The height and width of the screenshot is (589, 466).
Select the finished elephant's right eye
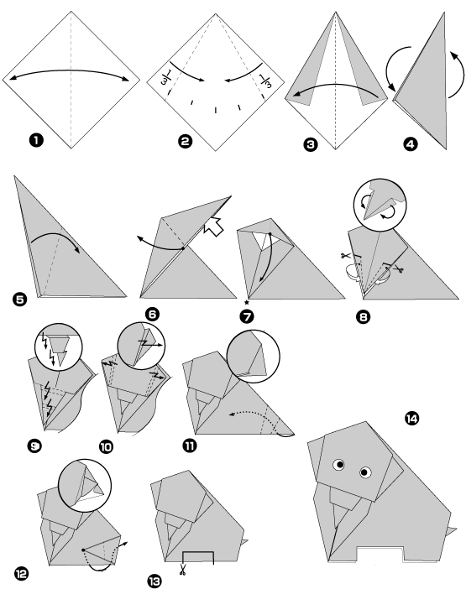click(x=365, y=473)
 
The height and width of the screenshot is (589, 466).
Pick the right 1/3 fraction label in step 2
click(x=266, y=82)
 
